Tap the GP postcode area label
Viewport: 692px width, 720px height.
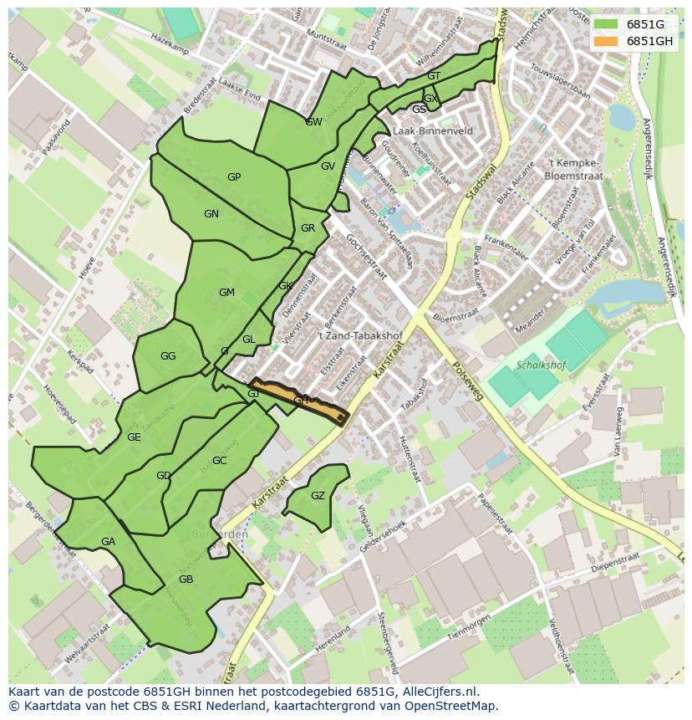234,177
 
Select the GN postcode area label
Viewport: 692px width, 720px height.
211,214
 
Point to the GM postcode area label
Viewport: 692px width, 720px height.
226,293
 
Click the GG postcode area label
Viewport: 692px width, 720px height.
168,356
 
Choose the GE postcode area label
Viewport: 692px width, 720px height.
134,437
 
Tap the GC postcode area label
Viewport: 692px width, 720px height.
219,461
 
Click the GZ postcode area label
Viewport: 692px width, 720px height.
318,496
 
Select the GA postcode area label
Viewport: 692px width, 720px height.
108,542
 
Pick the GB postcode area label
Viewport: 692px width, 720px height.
186,580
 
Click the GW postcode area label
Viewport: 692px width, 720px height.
314,122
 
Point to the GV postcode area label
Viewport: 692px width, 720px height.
328,166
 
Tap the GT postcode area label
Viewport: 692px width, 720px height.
434,76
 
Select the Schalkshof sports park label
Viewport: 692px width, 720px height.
542,365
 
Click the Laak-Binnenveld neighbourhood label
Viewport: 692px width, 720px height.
433,131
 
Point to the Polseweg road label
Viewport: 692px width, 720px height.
466,380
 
